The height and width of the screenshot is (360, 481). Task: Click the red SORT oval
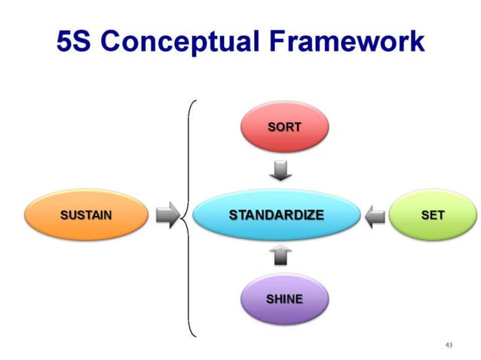point(283,127)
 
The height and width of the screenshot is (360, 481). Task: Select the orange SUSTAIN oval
point(86,215)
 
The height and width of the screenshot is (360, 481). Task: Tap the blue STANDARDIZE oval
point(276,215)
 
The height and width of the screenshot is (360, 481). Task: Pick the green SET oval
point(432,215)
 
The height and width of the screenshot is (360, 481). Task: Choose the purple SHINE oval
point(283,299)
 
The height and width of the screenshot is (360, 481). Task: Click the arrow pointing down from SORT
point(281,172)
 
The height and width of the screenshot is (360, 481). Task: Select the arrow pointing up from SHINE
point(281,256)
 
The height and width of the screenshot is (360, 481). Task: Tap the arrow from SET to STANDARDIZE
point(374,217)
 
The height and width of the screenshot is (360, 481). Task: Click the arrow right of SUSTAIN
point(166,215)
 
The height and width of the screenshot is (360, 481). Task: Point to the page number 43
point(449,344)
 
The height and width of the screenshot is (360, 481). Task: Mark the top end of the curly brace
point(195,99)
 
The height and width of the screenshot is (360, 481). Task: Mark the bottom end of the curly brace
point(195,334)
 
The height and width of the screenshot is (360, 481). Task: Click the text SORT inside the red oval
point(283,127)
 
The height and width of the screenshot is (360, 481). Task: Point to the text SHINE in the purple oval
point(283,299)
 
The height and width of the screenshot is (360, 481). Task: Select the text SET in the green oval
point(432,215)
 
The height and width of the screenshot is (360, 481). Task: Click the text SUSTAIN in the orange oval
point(86,215)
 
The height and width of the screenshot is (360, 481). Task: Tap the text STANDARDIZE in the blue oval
point(276,215)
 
